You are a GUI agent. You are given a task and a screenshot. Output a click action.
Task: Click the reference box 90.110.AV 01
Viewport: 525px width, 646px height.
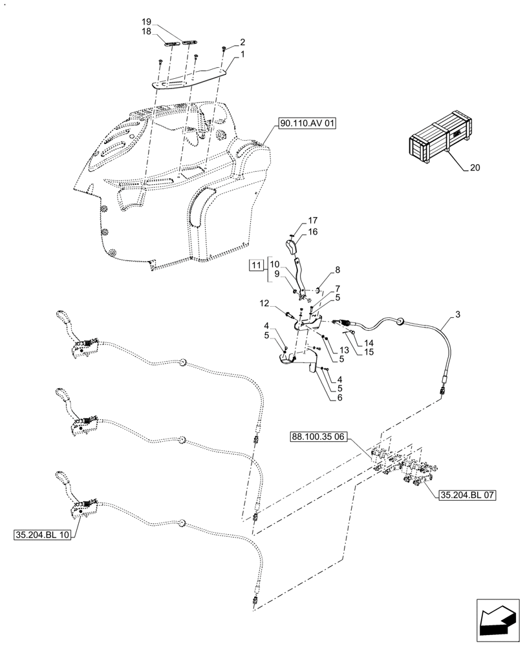(x=308, y=123)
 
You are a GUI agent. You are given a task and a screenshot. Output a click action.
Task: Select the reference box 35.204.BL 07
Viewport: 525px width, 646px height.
(x=467, y=495)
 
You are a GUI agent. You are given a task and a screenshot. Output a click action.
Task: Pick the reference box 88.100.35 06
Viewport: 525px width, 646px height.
(x=319, y=437)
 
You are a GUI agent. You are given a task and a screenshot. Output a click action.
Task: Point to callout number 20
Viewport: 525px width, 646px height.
(x=475, y=168)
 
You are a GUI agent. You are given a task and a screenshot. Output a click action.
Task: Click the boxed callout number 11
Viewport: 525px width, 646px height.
(x=256, y=266)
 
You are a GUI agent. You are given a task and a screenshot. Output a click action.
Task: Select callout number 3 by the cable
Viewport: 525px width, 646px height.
(x=458, y=315)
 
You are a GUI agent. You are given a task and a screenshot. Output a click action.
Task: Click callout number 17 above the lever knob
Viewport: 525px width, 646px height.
(x=312, y=221)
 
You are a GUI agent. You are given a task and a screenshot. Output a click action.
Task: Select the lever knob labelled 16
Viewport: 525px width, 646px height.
(x=292, y=247)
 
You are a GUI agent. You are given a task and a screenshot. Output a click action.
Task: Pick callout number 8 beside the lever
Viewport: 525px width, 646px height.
(x=337, y=270)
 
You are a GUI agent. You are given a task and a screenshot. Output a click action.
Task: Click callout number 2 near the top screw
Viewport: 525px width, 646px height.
(x=242, y=40)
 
